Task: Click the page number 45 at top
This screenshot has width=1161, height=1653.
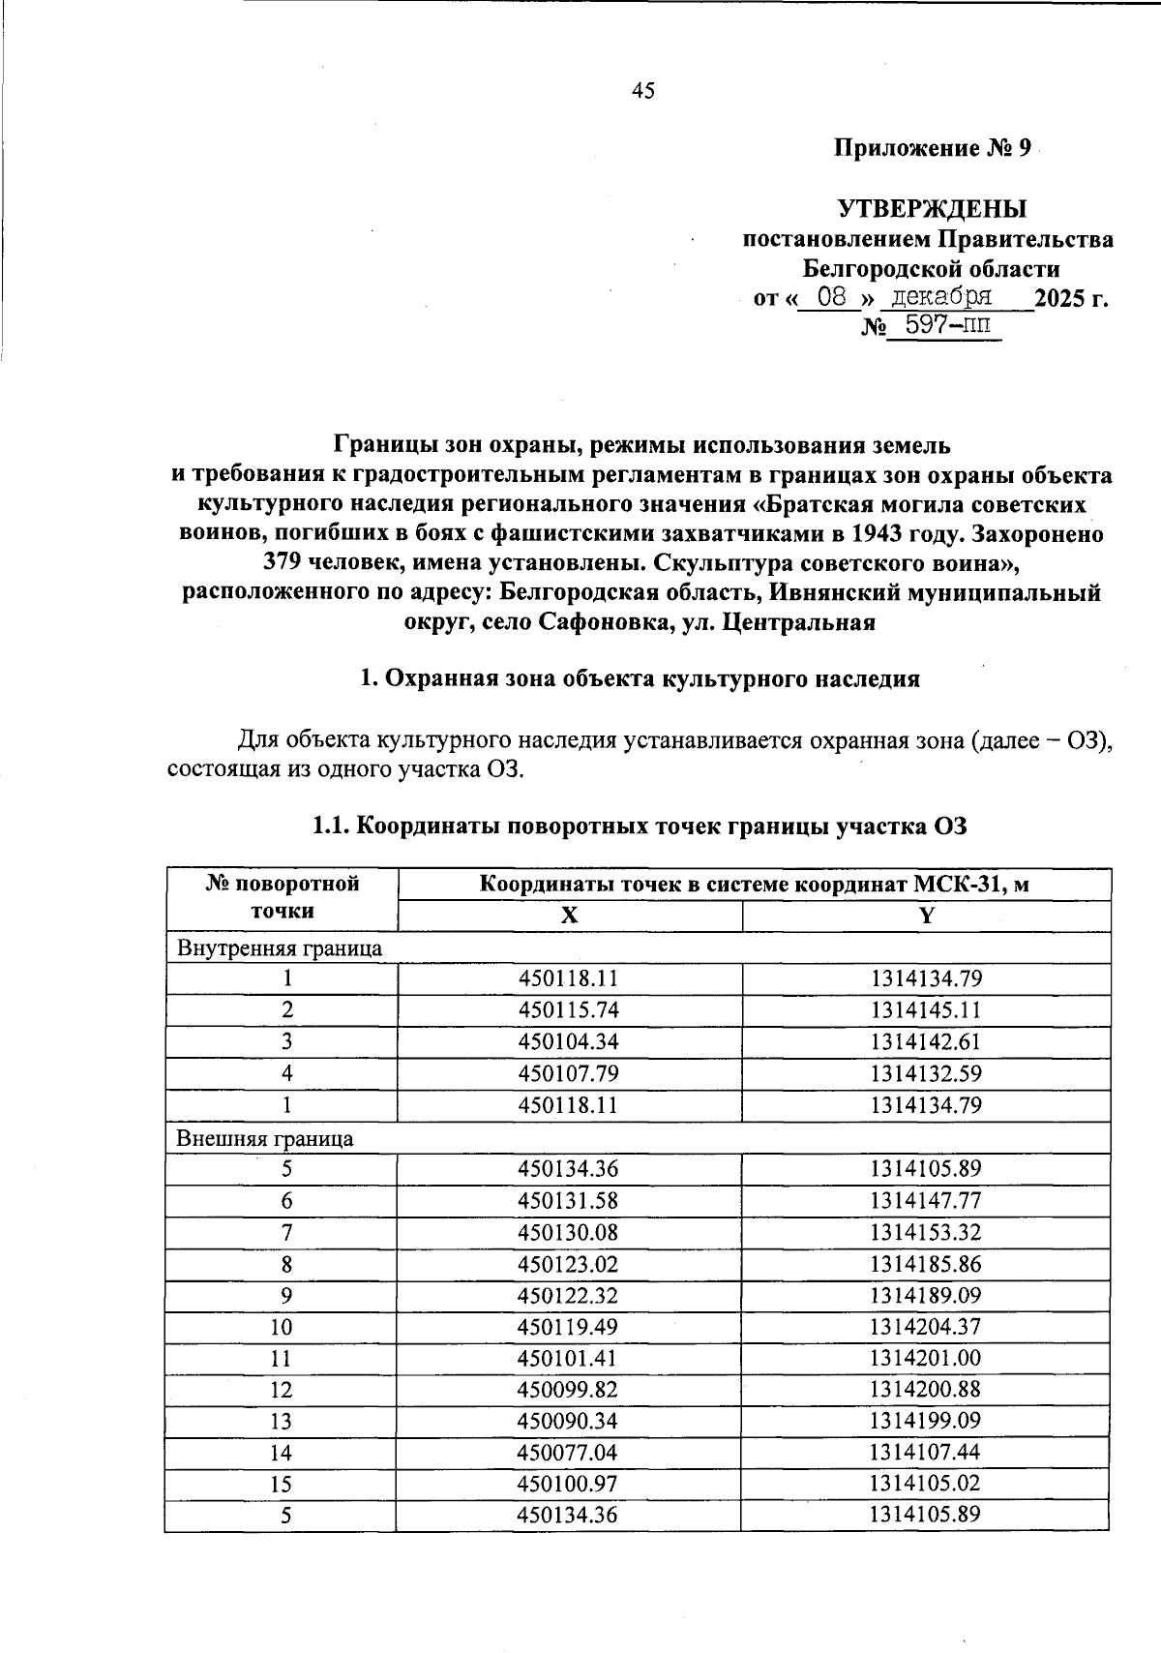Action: click(x=643, y=91)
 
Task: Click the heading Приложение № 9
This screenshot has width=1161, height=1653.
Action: click(x=933, y=148)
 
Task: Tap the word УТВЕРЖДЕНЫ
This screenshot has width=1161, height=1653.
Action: click(x=932, y=209)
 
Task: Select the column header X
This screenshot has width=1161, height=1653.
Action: click(x=570, y=916)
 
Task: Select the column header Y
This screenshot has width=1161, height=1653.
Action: click(x=927, y=916)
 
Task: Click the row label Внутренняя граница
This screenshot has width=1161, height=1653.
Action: click(x=279, y=948)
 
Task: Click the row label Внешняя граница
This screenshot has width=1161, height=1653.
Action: click(x=264, y=1138)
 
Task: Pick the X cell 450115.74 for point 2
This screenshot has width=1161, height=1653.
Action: click(x=568, y=1010)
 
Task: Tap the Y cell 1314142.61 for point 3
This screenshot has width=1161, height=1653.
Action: click(x=926, y=1042)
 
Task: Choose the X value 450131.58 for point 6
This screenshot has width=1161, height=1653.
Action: click(x=568, y=1201)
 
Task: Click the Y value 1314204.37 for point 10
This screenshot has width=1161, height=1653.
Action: click(x=926, y=1327)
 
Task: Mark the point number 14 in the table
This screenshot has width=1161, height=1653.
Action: click(x=282, y=1453)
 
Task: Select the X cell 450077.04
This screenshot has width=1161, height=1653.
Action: click(x=568, y=1453)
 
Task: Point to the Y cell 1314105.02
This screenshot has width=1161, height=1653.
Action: click(x=926, y=1485)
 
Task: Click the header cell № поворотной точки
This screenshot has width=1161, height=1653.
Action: click(x=283, y=897)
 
